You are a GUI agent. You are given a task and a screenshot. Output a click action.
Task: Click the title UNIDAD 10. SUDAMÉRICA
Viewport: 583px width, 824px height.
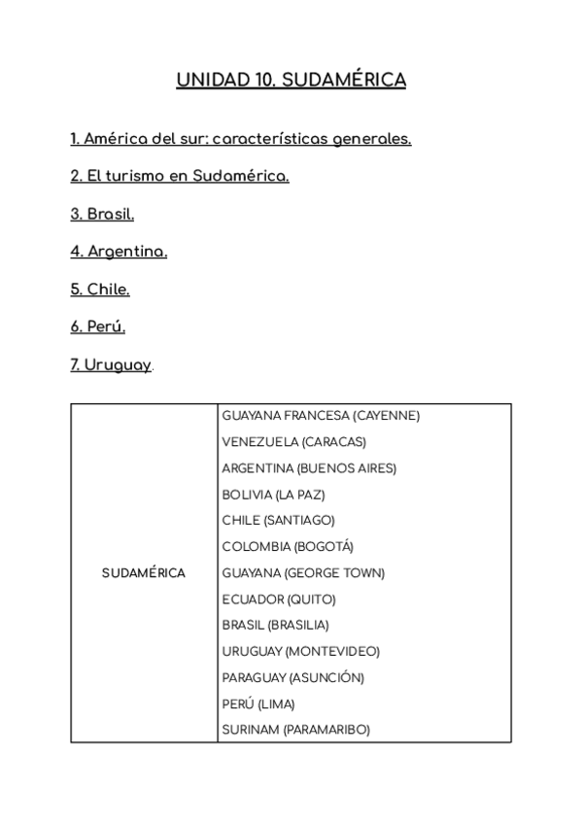[x=291, y=80]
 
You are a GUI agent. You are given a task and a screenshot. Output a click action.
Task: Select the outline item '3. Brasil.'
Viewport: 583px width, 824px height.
[x=102, y=214]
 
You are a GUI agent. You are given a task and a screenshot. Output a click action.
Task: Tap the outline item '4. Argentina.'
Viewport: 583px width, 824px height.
[x=119, y=252]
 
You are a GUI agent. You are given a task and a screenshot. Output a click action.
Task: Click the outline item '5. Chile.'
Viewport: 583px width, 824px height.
[x=100, y=290]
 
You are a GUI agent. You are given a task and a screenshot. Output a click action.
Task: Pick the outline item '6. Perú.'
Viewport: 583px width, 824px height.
[x=98, y=327]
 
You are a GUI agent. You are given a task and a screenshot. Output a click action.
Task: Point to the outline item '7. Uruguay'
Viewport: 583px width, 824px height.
[x=111, y=365]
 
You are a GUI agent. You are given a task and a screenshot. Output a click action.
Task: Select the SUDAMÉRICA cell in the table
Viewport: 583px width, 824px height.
[x=144, y=573]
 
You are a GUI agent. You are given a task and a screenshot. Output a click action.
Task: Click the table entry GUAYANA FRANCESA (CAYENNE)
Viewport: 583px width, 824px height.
[x=321, y=416]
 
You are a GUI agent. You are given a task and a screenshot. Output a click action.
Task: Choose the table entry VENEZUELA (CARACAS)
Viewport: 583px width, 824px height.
[x=293, y=442]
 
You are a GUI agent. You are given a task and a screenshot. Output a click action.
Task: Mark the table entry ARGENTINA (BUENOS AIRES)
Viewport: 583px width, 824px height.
[x=309, y=468]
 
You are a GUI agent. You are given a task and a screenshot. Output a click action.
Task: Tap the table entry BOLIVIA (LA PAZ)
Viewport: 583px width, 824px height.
[x=273, y=495]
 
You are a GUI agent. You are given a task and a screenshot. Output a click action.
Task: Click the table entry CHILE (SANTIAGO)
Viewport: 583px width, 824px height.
[x=278, y=521]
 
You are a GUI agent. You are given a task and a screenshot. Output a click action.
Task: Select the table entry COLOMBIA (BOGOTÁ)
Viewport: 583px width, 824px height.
[x=288, y=547]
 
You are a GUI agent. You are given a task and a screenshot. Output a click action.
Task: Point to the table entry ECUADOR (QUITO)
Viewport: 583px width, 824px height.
[x=279, y=600]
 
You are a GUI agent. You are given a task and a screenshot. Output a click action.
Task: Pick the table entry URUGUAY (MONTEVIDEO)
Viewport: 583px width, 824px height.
[x=300, y=652]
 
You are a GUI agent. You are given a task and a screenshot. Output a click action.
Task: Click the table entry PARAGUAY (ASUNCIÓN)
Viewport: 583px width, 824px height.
[x=292, y=678]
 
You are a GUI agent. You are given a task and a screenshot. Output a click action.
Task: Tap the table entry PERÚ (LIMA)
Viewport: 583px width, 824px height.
[x=258, y=704]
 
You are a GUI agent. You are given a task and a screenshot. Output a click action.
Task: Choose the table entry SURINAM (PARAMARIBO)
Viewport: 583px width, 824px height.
[x=295, y=731]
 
